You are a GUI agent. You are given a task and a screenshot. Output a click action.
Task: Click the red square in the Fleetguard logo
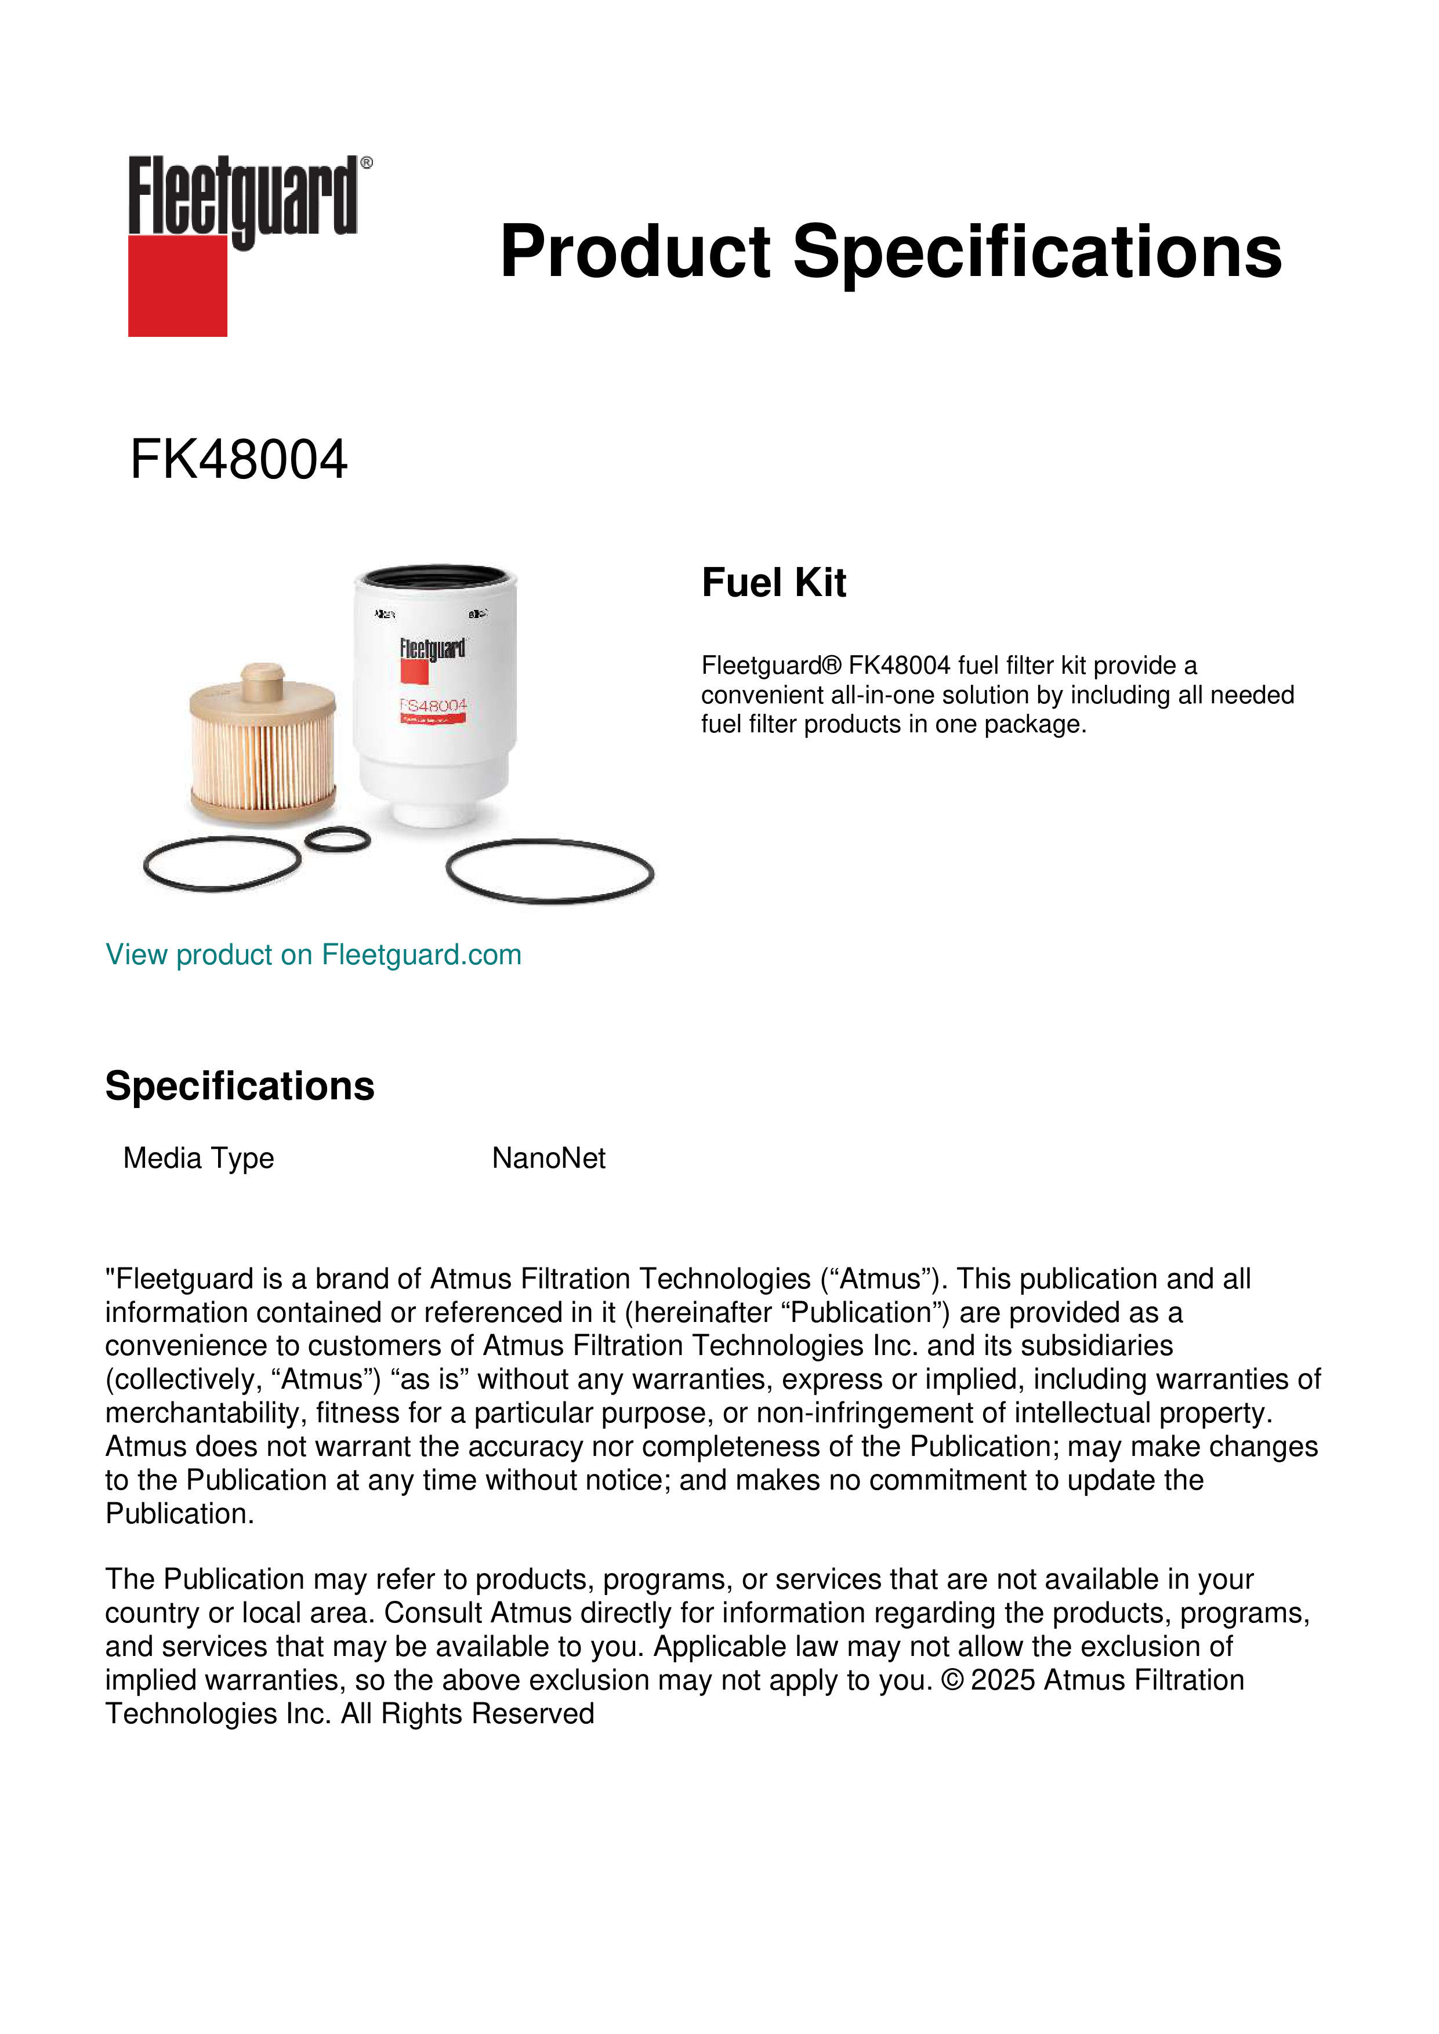click(177, 285)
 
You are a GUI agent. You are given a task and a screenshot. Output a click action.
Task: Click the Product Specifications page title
click(890, 252)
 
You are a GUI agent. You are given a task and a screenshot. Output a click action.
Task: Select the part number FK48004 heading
click(238, 460)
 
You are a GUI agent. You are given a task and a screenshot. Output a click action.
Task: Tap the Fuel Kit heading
click(774, 583)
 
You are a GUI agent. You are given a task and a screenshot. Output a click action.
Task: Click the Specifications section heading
click(239, 1086)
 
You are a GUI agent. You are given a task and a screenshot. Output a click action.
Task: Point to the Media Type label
click(198, 1158)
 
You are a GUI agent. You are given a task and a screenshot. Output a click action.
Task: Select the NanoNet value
click(549, 1158)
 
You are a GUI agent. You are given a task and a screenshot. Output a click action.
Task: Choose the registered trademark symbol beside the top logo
click(367, 162)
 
